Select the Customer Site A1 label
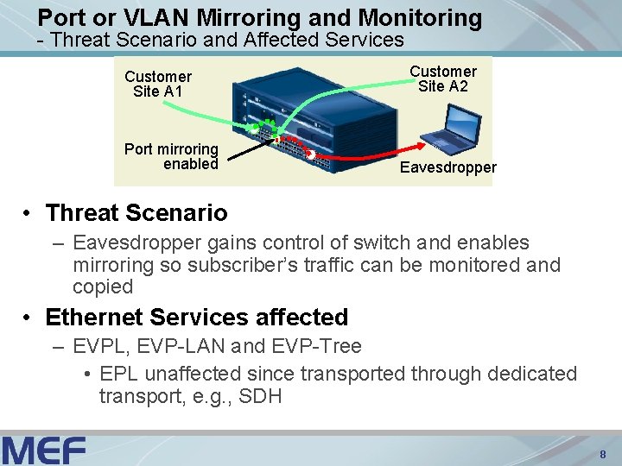158,84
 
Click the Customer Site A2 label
443,79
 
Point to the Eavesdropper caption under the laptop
447,168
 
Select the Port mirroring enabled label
171,156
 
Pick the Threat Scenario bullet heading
136,212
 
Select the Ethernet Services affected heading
196,318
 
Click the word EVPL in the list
96,347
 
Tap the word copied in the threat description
103,287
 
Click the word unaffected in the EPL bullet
193,375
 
